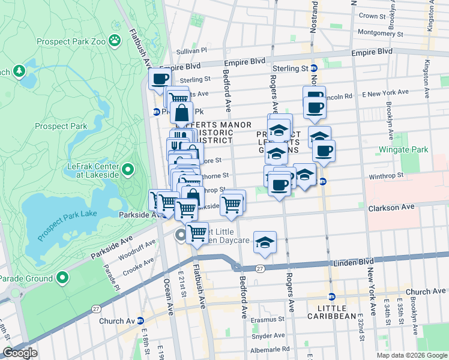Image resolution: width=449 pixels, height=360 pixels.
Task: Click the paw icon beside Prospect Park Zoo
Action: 115,40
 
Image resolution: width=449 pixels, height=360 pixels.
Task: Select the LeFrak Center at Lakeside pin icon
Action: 127,170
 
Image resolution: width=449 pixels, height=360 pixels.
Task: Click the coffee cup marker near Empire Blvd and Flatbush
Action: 160,79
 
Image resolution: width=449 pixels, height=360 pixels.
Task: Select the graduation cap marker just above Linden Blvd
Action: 265,242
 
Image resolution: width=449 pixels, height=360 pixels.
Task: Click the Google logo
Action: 20,352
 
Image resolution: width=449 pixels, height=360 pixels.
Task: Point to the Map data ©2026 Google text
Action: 411,355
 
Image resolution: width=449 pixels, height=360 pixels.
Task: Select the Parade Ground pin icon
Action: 63,278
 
